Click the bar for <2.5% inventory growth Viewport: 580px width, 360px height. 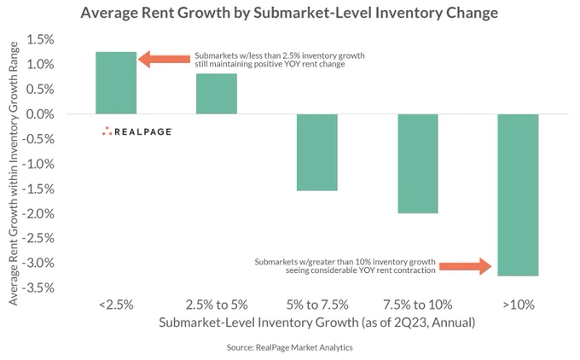(116, 83)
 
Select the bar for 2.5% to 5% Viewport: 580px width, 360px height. (217, 94)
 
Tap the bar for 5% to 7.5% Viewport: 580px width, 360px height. (317, 152)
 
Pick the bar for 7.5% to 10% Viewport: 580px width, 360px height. (418, 164)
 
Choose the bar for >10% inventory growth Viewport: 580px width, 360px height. (518, 195)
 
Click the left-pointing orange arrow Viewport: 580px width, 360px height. (165, 59)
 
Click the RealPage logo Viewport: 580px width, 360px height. (136, 131)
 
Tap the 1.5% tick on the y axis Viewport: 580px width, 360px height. (40, 39)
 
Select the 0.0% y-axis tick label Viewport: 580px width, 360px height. (40, 114)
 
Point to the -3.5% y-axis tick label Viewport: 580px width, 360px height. (38, 287)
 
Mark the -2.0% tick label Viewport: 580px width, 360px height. (38, 213)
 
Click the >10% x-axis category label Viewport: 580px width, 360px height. (519, 305)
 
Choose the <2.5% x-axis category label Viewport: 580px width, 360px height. (116, 305)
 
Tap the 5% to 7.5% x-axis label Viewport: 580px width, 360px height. (317, 305)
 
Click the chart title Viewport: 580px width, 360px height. (289, 13)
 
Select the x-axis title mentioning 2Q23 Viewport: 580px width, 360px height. (317, 322)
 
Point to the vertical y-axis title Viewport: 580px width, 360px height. (14, 173)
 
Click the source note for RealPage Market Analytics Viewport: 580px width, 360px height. (290, 347)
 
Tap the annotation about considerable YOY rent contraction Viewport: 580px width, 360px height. (345, 266)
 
